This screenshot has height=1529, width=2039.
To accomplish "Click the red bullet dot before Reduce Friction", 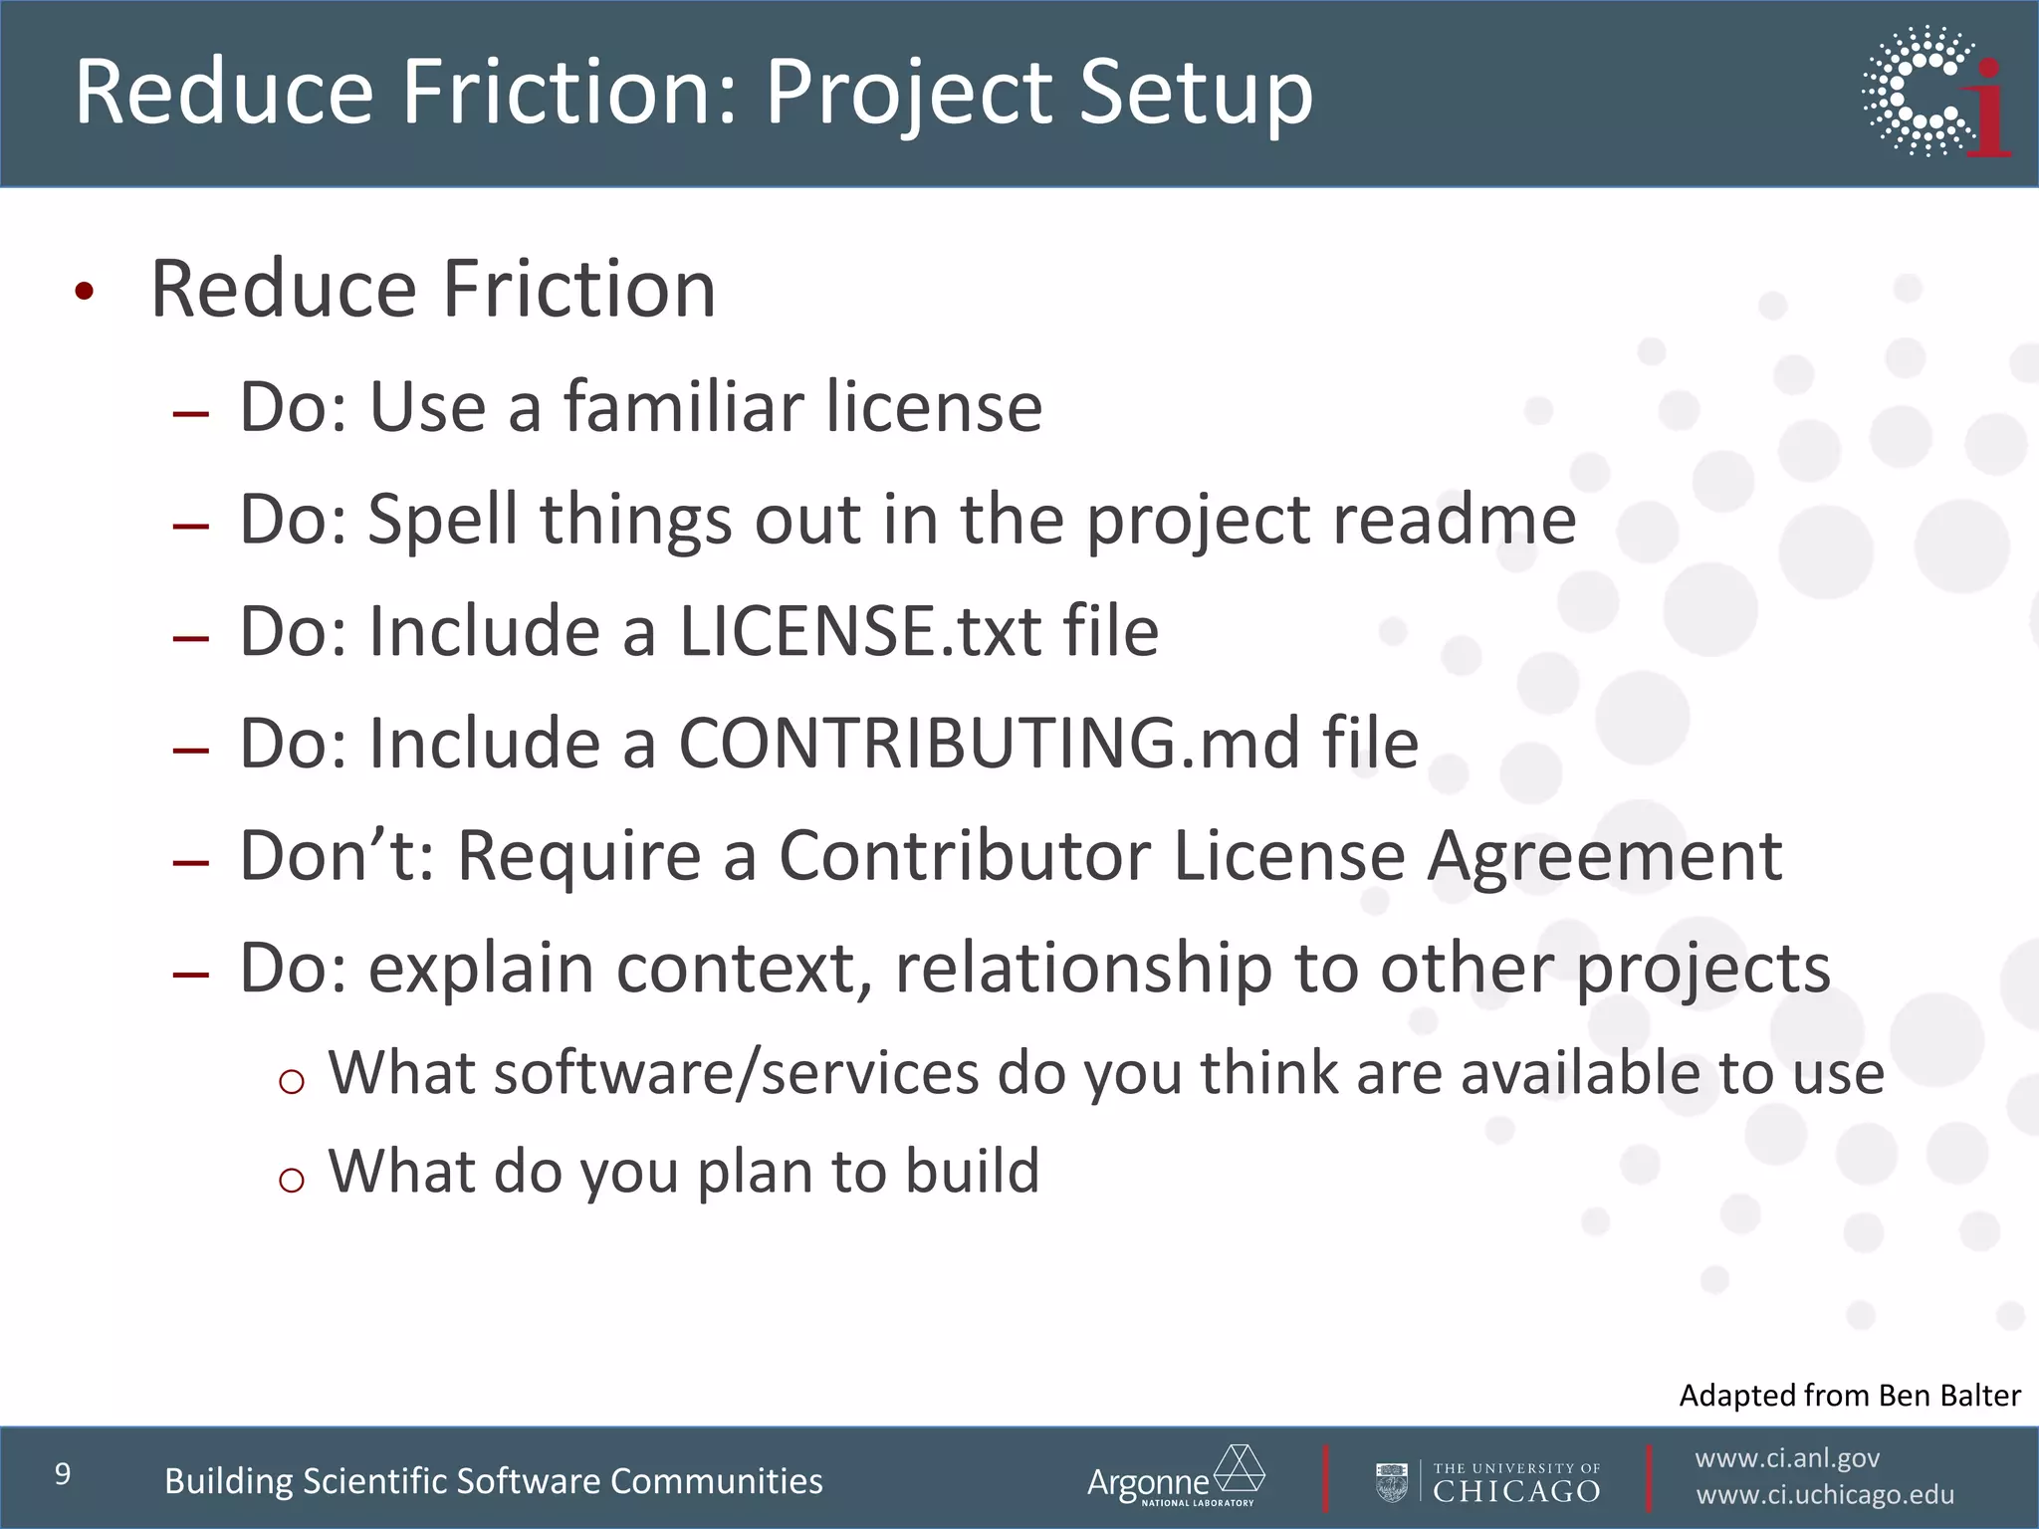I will (x=85, y=291).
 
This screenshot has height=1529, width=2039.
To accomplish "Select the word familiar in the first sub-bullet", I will (x=684, y=408).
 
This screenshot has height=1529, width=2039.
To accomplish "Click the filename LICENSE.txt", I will (x=859, y=632).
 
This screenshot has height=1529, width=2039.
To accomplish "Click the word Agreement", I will (x=1604, y=856).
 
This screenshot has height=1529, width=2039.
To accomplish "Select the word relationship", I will (x=1083, y=969).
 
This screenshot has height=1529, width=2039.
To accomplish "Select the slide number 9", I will (x=63, y=1474).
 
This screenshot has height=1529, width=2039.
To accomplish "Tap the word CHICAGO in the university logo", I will (x=1516, y=1491).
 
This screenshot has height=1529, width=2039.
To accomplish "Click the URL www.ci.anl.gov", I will (x=1787, y=1458).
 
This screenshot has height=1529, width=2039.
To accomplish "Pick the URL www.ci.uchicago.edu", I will (x=1825, y=1495).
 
